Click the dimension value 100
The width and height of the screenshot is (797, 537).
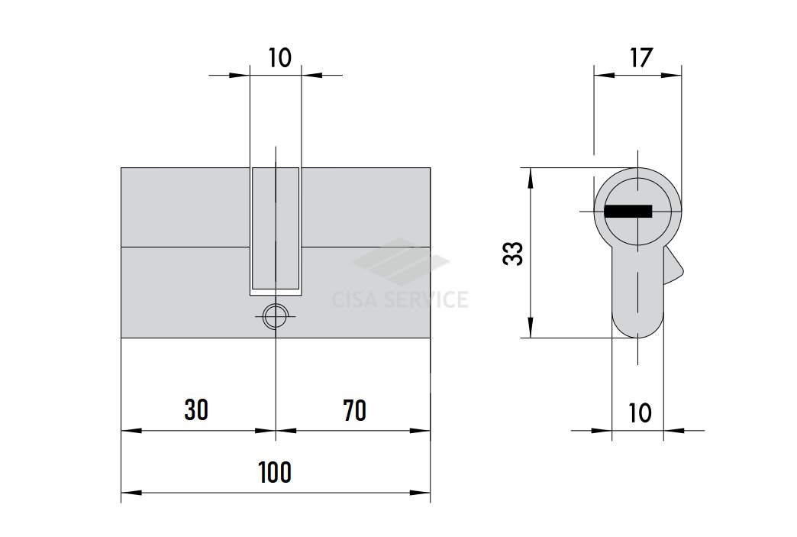tap(275, 472)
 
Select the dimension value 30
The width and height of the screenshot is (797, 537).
tap(196, 410)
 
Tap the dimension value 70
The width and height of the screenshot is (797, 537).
tap(355, 410)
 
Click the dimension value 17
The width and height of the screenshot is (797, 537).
tap(641, 58)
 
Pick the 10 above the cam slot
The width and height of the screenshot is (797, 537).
tap(279, 58)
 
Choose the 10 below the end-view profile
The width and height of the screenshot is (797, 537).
tap(640, 413)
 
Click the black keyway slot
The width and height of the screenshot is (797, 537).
tap(628, 211)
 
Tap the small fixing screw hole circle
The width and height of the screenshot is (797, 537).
tap(276, 317)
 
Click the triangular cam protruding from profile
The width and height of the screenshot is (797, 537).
tap(673, 266)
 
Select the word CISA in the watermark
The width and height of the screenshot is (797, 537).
tap(354, 299)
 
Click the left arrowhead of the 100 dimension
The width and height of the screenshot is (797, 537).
tap(131, 493)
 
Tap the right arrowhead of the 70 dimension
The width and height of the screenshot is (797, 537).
tap(421, 431)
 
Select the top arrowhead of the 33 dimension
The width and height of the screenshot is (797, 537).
tap(531, 177)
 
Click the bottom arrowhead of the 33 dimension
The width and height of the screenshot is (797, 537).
tap(531, 328)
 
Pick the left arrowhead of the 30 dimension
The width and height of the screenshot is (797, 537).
tap(131, 431)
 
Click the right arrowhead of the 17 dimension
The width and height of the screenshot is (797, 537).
tap(672, 76)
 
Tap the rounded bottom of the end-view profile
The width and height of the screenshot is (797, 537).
tap(637, 325)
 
